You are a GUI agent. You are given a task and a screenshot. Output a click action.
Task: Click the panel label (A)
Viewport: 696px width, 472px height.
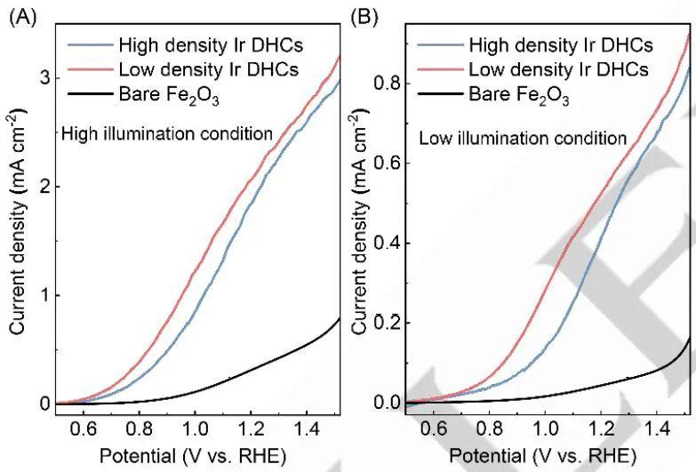(x=20, y=16)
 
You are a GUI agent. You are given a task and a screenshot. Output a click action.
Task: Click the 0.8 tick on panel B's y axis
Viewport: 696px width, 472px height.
(x=385, y=84)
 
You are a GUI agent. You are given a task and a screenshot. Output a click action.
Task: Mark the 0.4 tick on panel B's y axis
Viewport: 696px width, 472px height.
(x=385, y=244)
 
